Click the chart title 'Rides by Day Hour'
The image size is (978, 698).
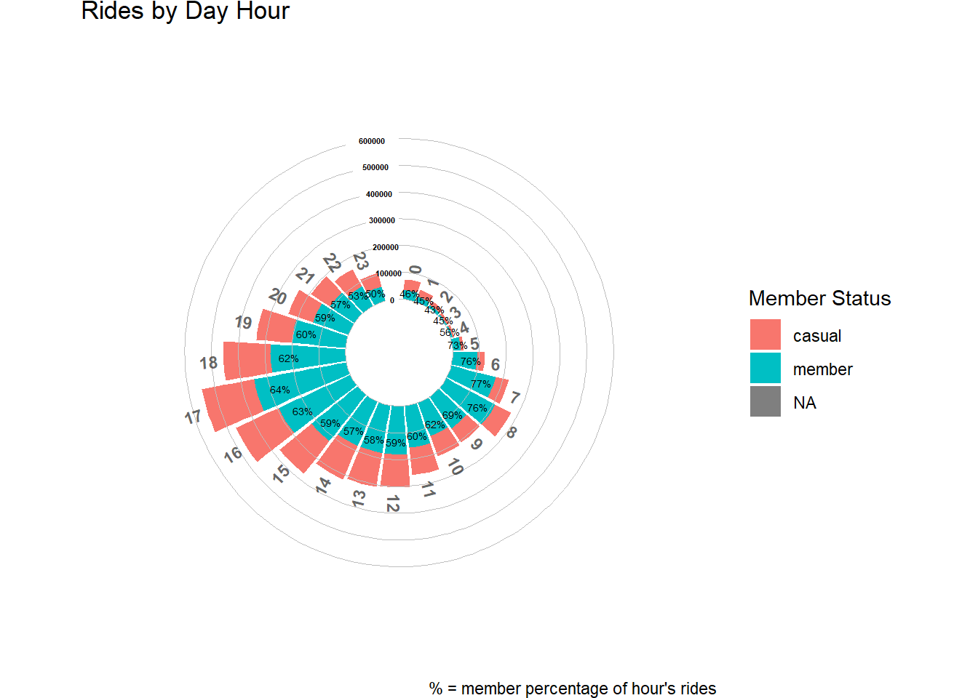pyautogui.click(x=185, y=12)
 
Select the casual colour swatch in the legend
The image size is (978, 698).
pyautogui.click(x=765, y=335)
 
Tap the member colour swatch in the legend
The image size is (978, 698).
pyautogui.click(x=765, y=369)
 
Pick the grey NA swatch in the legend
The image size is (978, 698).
pyautogui.click(x=765, y=402)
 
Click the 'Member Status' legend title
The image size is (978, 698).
pyautogui.click(x=819, y=298)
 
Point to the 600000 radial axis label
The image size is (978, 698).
pyautogui.click(x=372, y=141)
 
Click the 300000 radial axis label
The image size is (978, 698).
pyautogui.click(x=382, y=220)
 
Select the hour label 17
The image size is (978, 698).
pyautogui.click(x=193, y=417)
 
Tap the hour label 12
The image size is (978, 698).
pyautogui.click(x=393, y=503)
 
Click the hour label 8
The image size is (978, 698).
pyautogui.click(x=512, y=433)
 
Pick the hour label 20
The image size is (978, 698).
pyautogui.click(x=277, y=297)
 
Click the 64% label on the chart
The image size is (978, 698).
pyautogui.click(x=280, y=390)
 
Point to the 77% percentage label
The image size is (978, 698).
pyautogui.click(x=480, y=384)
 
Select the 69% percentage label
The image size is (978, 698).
pyautogui.click(x=452, y=415)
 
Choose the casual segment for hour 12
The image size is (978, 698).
pyautogui.click(x=395, y=470)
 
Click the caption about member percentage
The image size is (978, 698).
pyautogui.click(x=573, y=689)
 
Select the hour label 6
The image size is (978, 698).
pyautogui.click(x=496, y=364)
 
